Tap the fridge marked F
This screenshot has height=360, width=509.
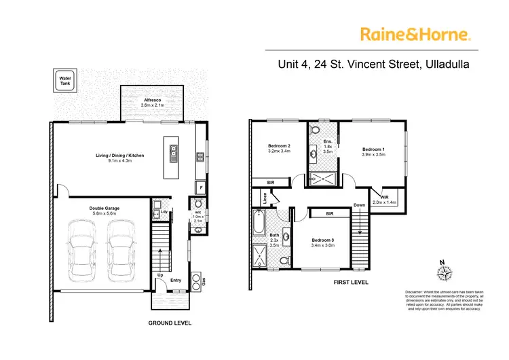point(200,186)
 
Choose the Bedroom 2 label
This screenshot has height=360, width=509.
point(280,148)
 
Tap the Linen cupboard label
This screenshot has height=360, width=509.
point(264,198)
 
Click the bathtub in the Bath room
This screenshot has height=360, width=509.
point(259,223)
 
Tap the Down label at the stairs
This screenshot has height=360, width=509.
point(360,204)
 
